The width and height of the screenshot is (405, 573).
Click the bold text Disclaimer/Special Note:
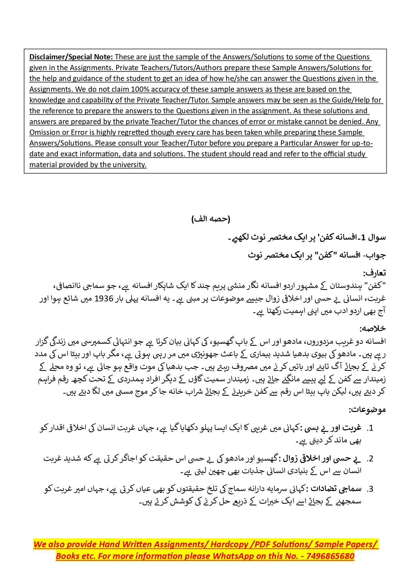(71, 57)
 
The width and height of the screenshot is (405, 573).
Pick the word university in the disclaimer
(130, 165)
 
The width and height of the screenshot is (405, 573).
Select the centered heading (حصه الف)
(211, 219)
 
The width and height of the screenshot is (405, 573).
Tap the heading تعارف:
(374, 273)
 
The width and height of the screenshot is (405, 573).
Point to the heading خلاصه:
(373, 328)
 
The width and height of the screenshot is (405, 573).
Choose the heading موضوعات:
(367, 409)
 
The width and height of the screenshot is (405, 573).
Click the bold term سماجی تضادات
(336, 489)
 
